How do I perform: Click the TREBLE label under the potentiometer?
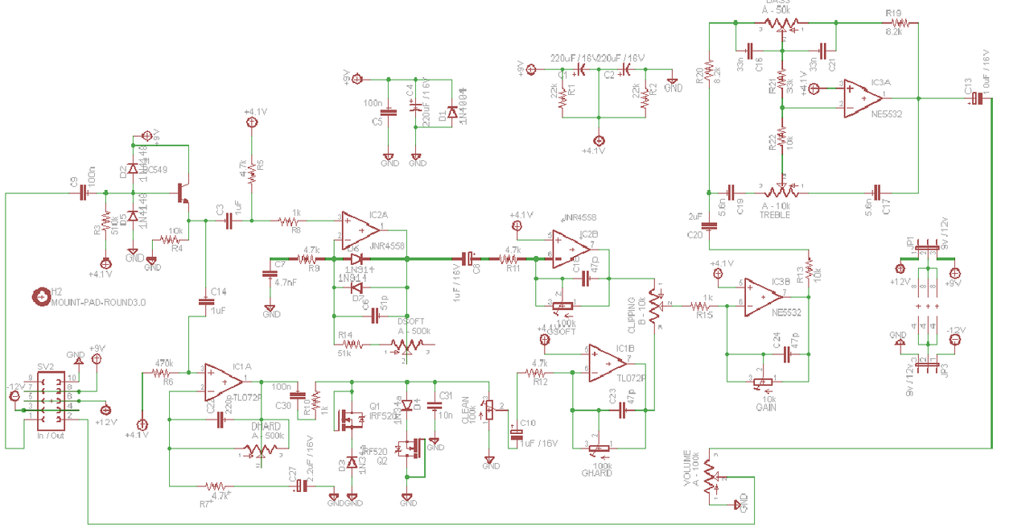coord(776,216)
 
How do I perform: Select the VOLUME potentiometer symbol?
coord(709,477)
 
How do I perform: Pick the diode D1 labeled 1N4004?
coord(452,114)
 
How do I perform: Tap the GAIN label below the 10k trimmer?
coord(765,408)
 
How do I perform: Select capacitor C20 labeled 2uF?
coord(709,225)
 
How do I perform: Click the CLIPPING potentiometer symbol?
coord(656,306)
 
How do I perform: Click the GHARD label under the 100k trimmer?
coord(596,473)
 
